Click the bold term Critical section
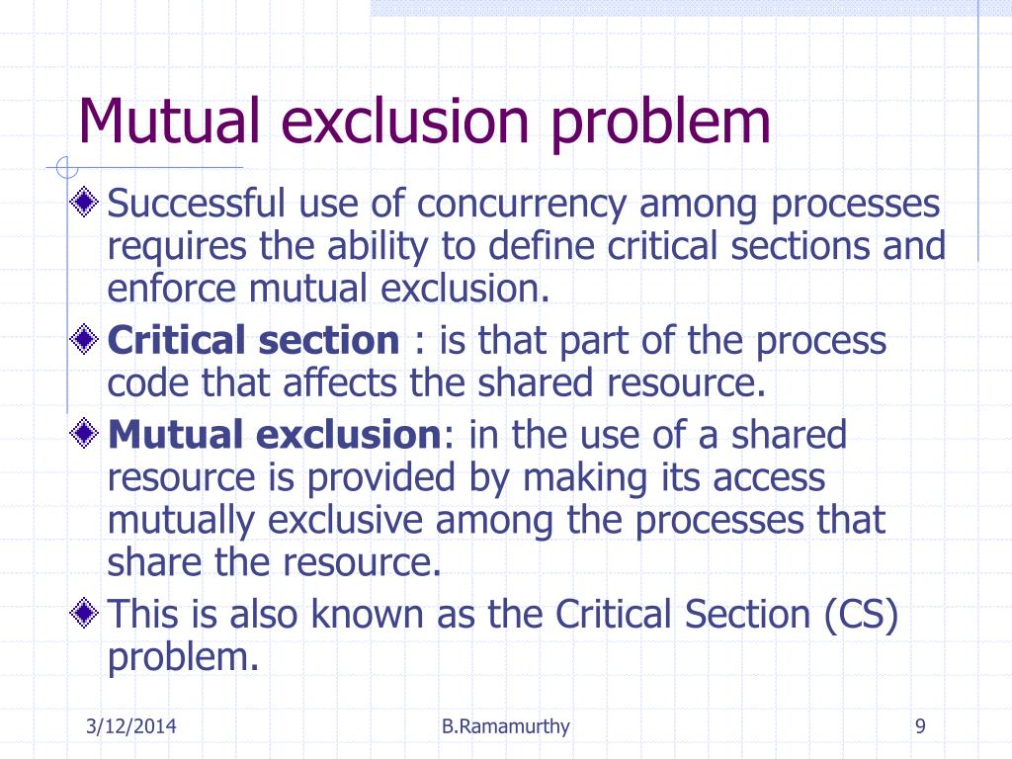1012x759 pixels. click(x=253, y=341)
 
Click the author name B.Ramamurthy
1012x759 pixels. click(x=506, y=728)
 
